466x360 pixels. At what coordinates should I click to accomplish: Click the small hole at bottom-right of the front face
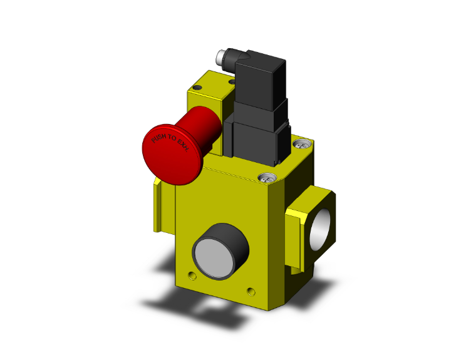point(251,291)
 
